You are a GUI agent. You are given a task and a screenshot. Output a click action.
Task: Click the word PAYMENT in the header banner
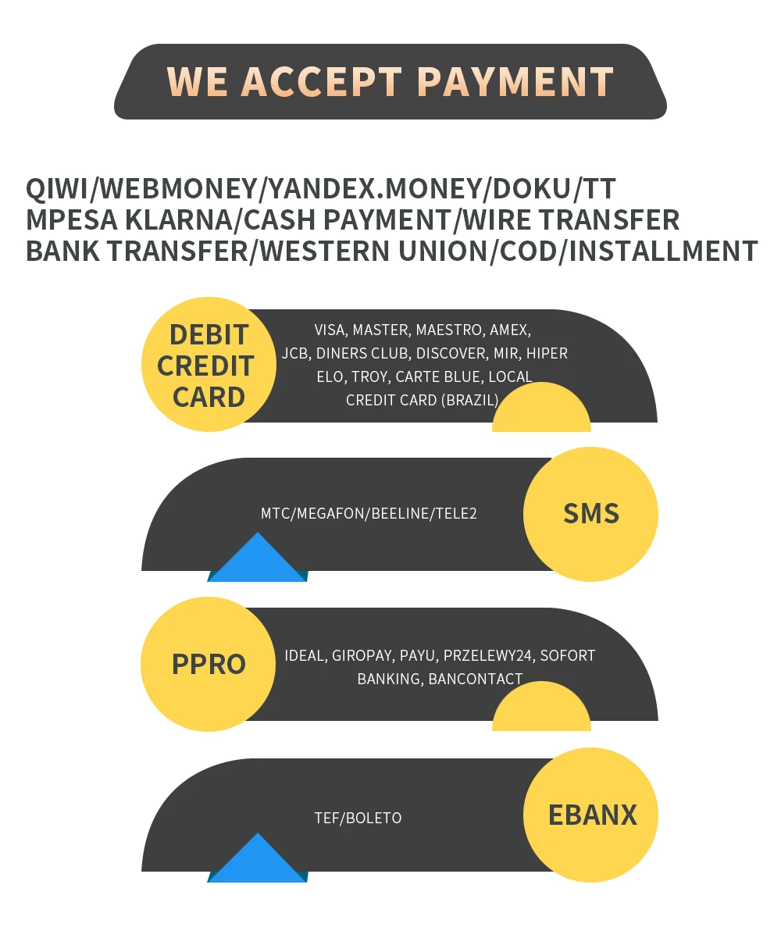tap(515, 82)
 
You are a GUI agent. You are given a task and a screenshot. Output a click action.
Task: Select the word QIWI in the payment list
tap(59, 188)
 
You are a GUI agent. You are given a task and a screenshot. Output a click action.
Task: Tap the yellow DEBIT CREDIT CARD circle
tap(209, 365)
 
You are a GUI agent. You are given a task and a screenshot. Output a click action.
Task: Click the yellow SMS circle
tap(590, 514)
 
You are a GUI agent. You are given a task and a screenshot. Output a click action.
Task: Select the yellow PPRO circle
tap(209, 665)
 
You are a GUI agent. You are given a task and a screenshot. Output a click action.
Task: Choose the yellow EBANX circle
tap(591, 815)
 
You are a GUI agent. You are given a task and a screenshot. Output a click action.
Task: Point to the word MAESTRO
tap(449, 330)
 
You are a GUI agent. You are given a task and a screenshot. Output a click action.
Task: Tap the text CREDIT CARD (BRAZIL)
tap(422, 400)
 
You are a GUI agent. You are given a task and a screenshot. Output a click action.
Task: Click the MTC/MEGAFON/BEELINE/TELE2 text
tap(369, 513)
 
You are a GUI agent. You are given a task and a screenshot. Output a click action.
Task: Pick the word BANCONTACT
tap(475, 679)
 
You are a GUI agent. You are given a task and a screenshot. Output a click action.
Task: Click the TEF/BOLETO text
tap(358, 818)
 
